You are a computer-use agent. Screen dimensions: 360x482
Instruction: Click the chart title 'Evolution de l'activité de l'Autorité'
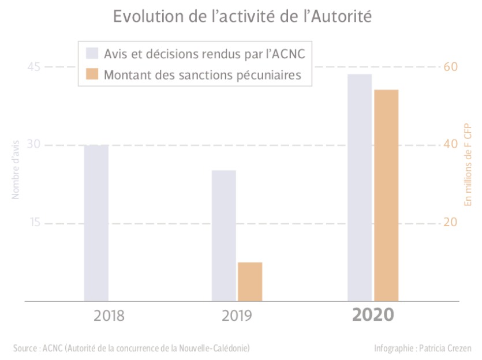pyautogui.click(x=241, y=16)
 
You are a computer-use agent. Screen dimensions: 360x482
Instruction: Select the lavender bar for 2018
pyautogui.click(x=96, y=223)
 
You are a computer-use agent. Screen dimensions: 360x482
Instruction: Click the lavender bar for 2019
pyautogui.click(x=224, y=235)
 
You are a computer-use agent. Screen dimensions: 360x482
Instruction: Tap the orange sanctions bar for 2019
pyautogui.click(x=250, y=282)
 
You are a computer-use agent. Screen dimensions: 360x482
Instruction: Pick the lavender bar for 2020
pyautogui.click(x=360, y=187)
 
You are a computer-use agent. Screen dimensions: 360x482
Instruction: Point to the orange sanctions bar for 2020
pyautogui.click(x=386, y=195)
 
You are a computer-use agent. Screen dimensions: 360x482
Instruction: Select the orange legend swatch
pyautogui.click(x=92, y=74)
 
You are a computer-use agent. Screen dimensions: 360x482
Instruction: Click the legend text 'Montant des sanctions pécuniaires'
pyautogui.click(x=203, y=75)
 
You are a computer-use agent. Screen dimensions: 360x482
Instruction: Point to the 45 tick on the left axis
pyautogui.click(x=34, y=67)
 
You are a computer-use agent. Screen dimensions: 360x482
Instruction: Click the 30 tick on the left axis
pyautogui.click(x=34, y=145)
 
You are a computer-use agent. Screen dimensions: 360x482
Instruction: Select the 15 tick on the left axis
pyautogui.click(x=34, y=223)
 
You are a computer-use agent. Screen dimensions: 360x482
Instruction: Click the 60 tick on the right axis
pyautogui.click(x=450, y=67)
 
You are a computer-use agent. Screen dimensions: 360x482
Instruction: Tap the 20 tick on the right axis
pyautogui.click(x=450, y=223)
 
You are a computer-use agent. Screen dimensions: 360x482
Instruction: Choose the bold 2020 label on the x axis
pyautogui.click(x=373, y=316)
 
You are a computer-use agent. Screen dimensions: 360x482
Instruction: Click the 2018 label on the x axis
pyautogui.click(x=109, y=316)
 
